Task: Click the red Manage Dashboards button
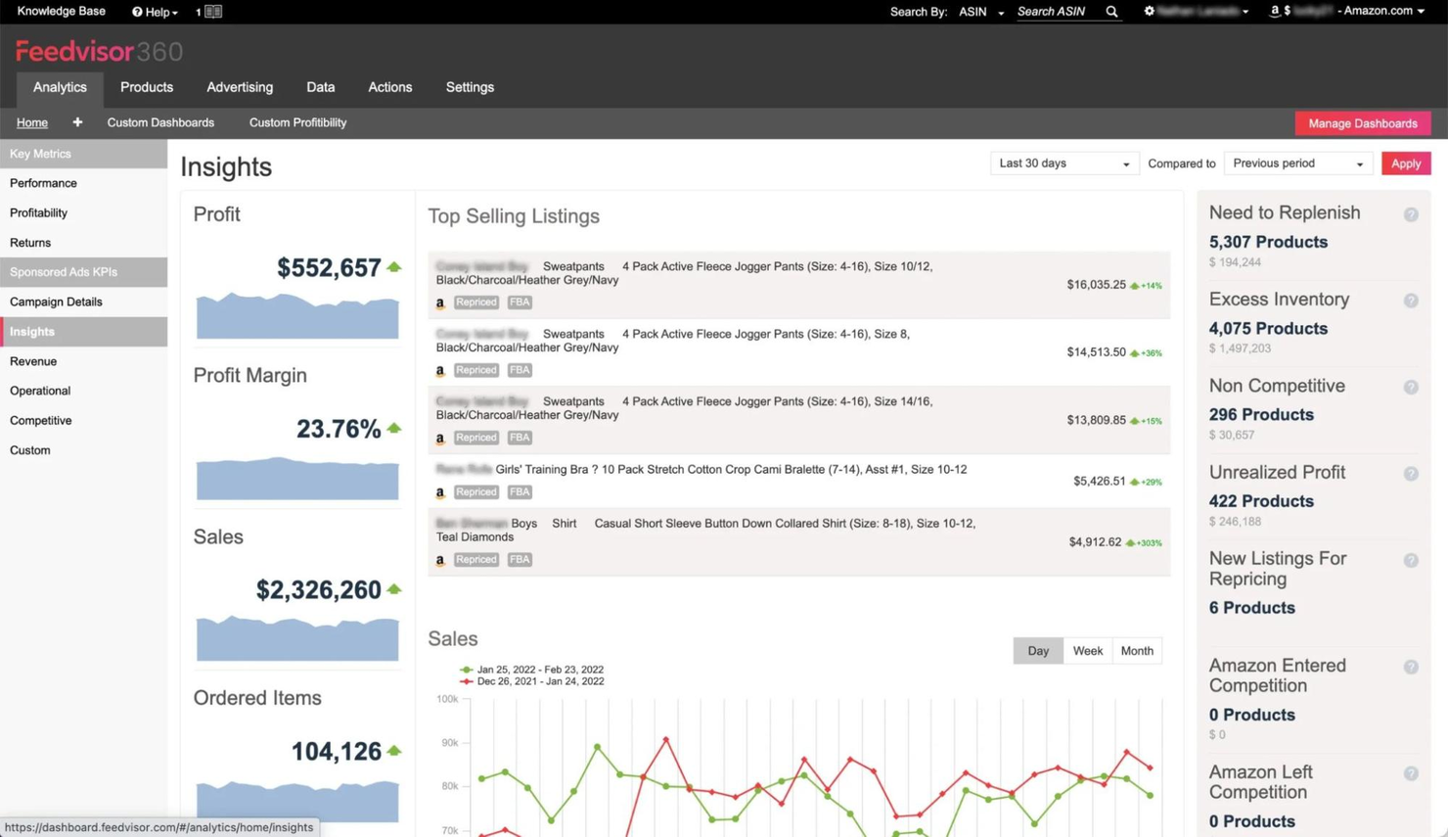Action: pos(1362,123)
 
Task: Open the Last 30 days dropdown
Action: pos(1063,163)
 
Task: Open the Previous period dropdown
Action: pos(1297,163)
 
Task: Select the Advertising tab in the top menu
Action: pos(240,87)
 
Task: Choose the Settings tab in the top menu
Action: pos(470,87)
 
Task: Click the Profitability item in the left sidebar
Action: pos(38,212)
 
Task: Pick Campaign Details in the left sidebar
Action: pos(56,302)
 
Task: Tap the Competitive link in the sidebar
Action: pos(40,420)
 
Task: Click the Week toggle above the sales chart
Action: pos(1087,651)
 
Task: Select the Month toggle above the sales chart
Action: pos(1136,651)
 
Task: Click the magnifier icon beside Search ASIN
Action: pos(1111,12)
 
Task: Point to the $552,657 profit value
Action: pos(329,268)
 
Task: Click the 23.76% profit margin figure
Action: pos(339,429)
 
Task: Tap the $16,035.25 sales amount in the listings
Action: pos(1096,285)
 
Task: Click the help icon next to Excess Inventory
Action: pos(1411,301)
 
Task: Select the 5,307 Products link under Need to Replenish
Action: pos(1268,242)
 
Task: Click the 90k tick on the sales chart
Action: pos(449,743)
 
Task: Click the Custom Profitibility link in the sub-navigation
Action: pos(297,122)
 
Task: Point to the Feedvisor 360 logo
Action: pos(99,51)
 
